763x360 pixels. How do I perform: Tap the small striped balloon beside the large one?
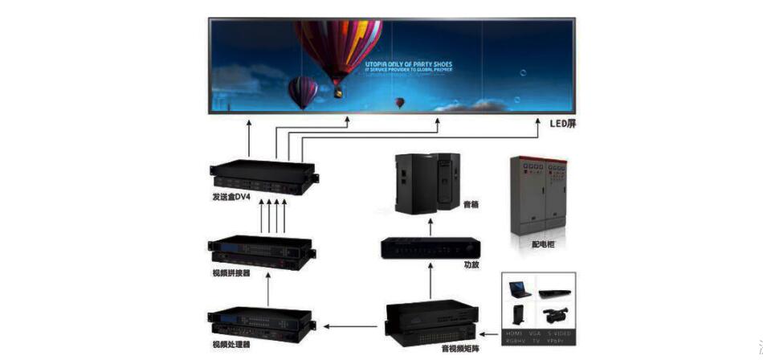pyautogui.click(x=303, y=90)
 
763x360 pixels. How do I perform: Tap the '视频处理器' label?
pyautogui.click(x=231, y=346)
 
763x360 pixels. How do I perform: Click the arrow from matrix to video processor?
pyautogui.click(x=353, y=326)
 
